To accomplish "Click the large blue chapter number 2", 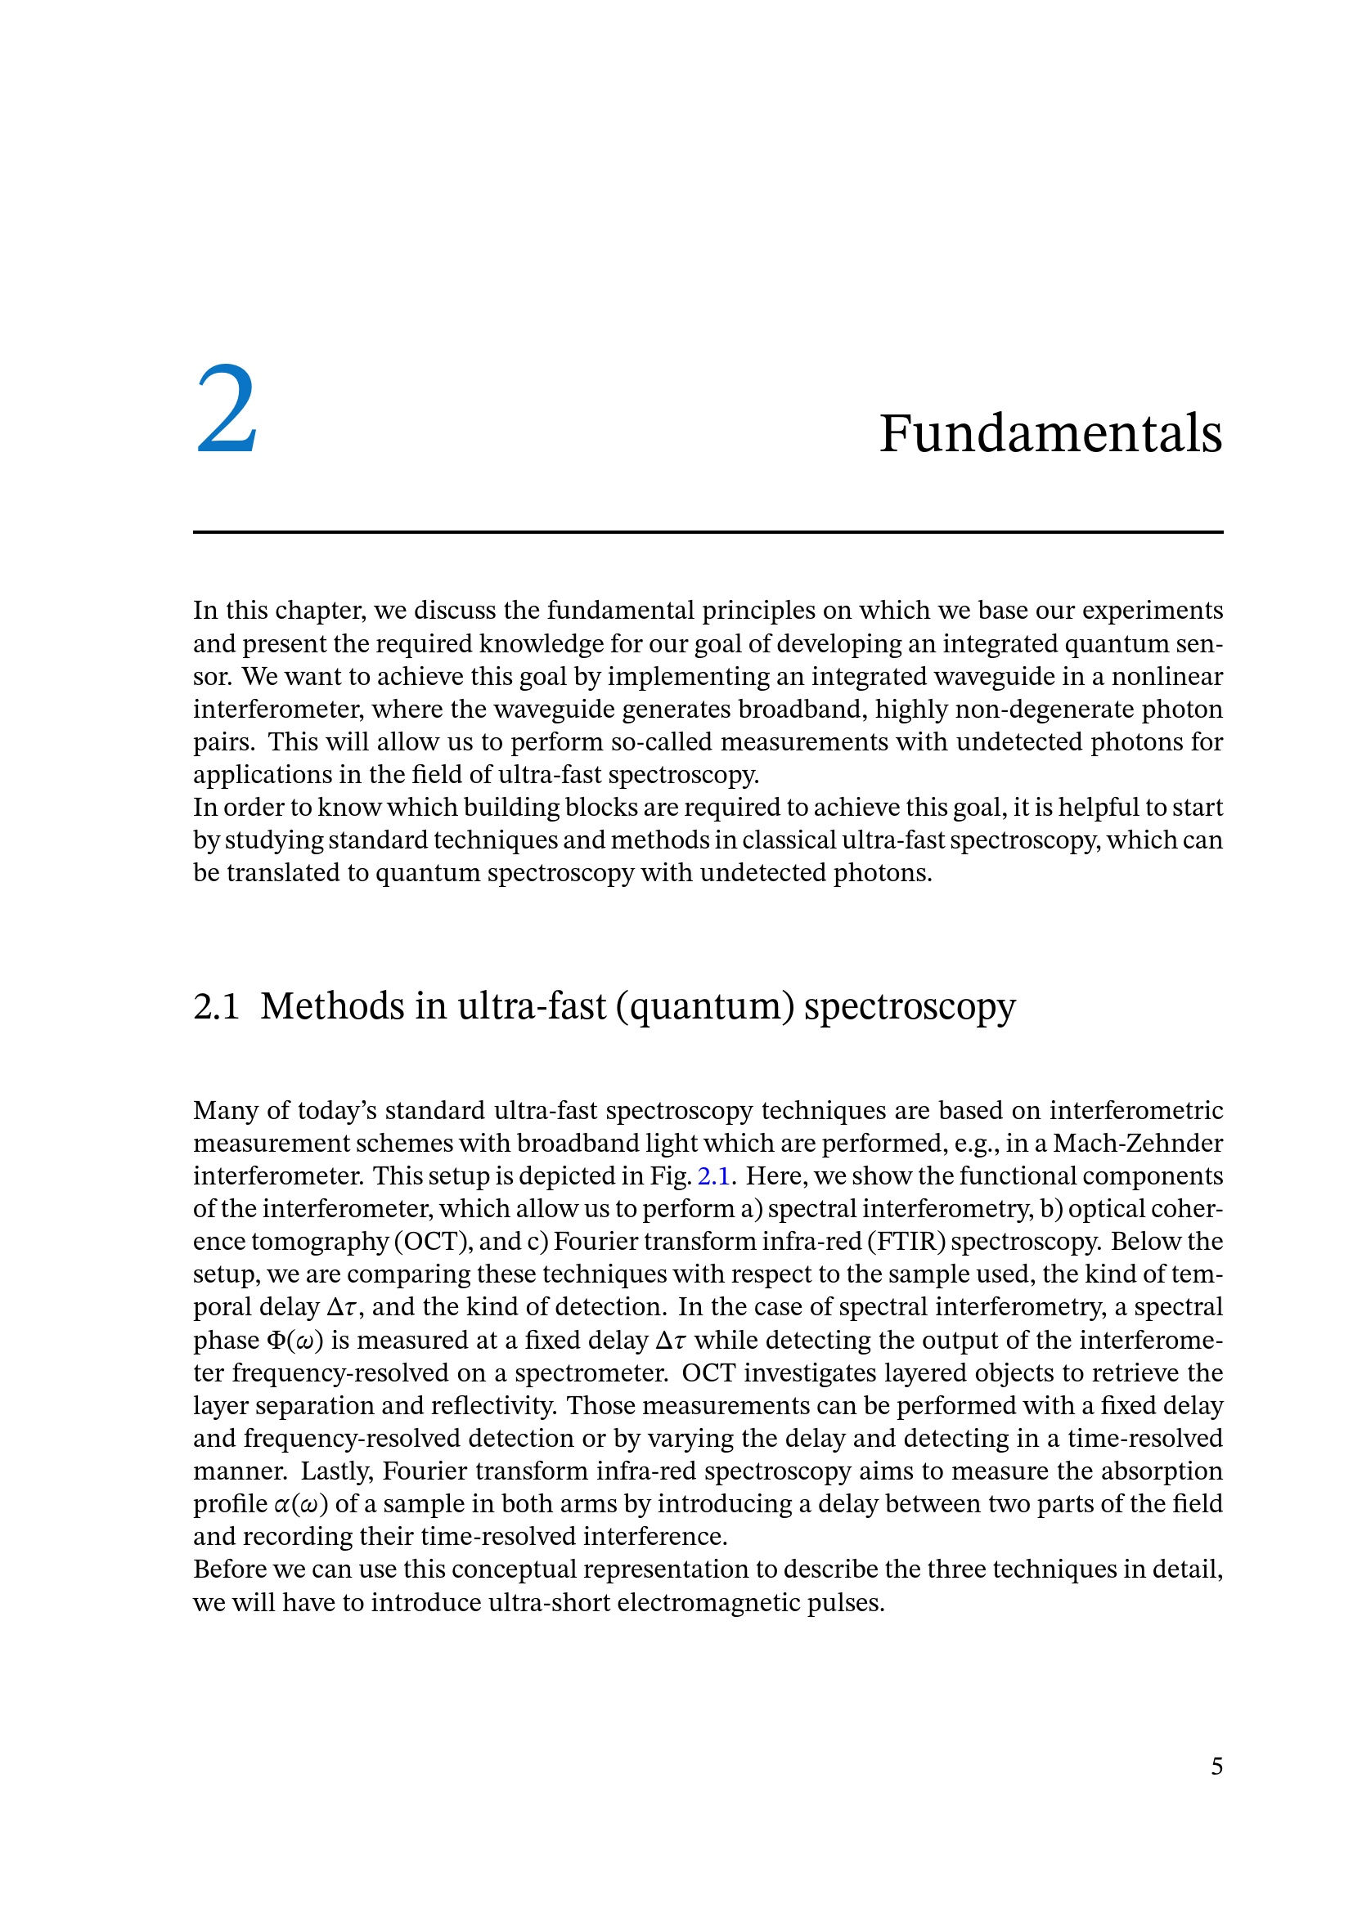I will tap(227, 410).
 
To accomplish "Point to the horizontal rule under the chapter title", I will tap(708, 531).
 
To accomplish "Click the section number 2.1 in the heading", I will tap(216, 1006).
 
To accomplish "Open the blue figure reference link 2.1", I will tap(713, 1175).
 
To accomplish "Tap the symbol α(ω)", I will tap(301, 1503).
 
